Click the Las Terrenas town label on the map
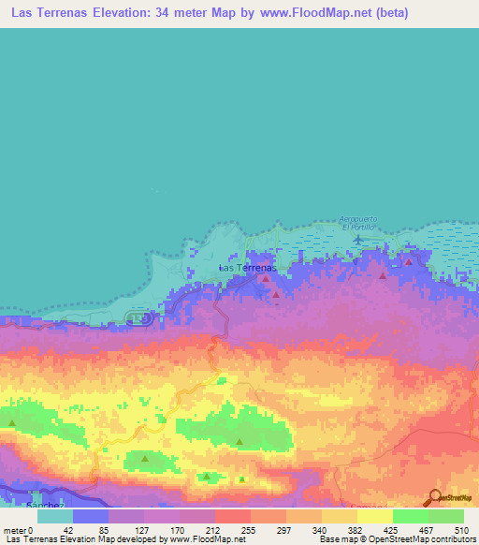point(246,268)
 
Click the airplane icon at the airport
point(358,240)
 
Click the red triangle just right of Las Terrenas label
point(266,278)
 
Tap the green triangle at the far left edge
point(12,423)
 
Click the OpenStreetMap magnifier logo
point(436,497)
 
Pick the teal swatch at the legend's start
point(54,516)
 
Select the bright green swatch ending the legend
point(446,516)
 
